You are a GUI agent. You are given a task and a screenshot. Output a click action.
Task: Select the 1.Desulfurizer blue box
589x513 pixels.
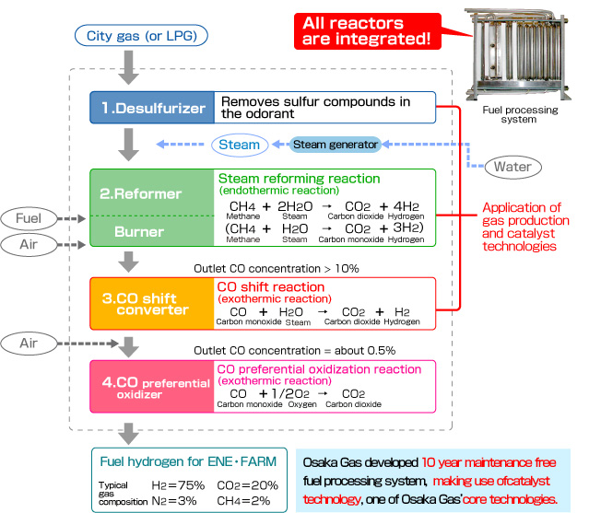[x=151, y=107]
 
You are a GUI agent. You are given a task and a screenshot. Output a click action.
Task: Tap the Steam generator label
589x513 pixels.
[x=335, y=144]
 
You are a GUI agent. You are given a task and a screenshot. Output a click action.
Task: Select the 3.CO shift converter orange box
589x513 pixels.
[x=151, y=303]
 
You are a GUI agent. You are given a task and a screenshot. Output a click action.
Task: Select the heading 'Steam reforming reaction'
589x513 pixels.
[x=298, y=178]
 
